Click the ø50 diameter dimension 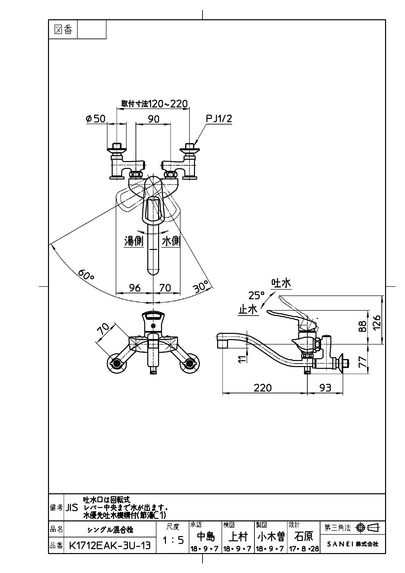96,119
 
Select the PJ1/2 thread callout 219,119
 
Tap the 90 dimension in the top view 154,119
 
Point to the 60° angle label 86,274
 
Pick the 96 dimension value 135,287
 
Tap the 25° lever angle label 257,295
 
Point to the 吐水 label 281,283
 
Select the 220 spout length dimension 263,387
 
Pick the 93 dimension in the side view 325,387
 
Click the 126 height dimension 377,323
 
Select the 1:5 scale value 173,540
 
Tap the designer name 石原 304,536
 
